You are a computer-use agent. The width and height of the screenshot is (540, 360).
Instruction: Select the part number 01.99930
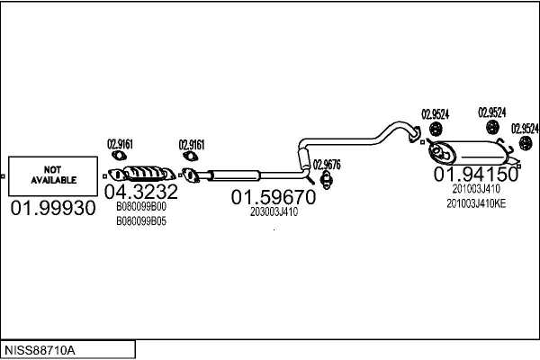(52, 208)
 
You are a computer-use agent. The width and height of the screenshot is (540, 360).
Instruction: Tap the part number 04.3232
(141, 192)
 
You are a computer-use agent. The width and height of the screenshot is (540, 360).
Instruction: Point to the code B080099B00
(141, 206)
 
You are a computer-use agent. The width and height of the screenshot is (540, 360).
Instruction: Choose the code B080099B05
(141, 220)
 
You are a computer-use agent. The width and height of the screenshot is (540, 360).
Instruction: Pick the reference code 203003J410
(274, 212)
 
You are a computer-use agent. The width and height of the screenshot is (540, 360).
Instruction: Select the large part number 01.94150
(476, 174)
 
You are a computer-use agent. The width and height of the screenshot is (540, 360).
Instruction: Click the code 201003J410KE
(476, 203)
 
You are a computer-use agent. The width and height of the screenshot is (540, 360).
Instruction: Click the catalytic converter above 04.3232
(147, 172)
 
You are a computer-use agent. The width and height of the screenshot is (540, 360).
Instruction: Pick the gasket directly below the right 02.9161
(190, 160)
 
